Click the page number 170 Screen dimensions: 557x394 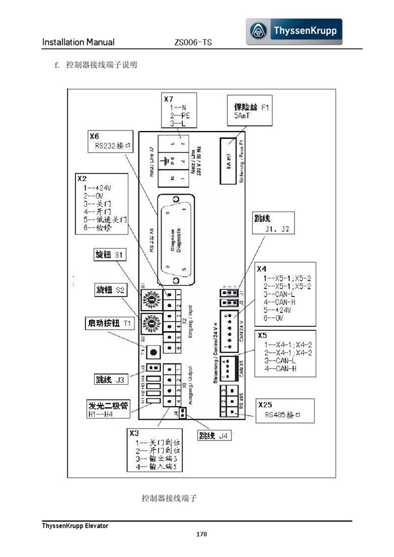pos(202,534)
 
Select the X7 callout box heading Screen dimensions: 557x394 pos(168,99)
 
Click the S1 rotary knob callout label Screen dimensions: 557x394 pos(109,255)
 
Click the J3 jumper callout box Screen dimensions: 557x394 pos(110,380)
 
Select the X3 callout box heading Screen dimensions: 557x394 pos(134,433)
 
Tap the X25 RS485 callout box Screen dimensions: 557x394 pos(285,411)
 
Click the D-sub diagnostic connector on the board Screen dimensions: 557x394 pos(176,240)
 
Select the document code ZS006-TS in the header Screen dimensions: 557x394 pos(193,42)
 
